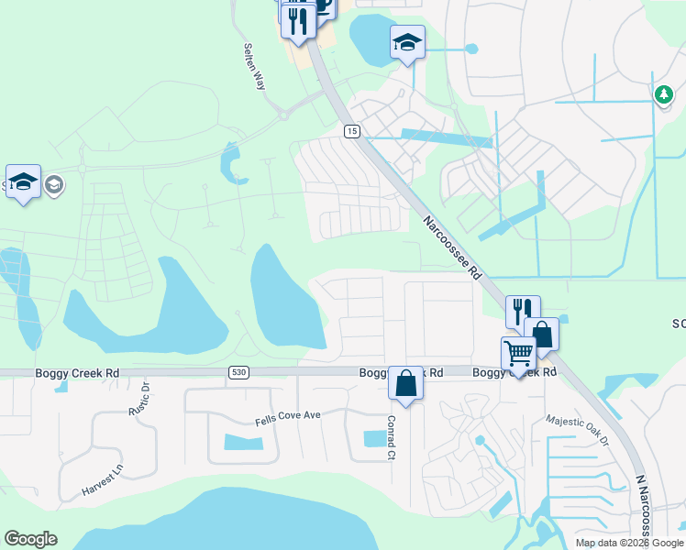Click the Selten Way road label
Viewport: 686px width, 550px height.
pyautogui.click(x=254, y=66)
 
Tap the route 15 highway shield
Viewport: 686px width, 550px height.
pyautogui.click(x=351, y=132)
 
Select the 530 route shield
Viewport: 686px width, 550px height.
pyautogui.click(x=238, y=370)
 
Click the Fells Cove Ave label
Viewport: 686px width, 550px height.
pyautogui.click(x=287, y=416)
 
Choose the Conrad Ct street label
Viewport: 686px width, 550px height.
pyautogui.click(x=391, y=437)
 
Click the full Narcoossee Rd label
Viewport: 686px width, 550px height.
pyautogui.click(x=452, y=247)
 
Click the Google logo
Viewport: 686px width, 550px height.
pyautogui.click(x=30, y=539)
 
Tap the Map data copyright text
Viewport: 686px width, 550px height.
pyautogui.click(x=629, y=543)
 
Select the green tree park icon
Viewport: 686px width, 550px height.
pyautogui.click(x=662, y=93)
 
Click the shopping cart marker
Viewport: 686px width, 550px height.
pyautogui.click(x=518, y=353)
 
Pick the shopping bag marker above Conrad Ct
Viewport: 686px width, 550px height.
pyautogui.click(x=405, y=382)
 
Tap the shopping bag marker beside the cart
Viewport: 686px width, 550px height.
pyautogui.click(x=541, y=335)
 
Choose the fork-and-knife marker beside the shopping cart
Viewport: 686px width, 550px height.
pyautogui.click(x=522, y=311)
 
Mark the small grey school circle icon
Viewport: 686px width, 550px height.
pyautogui.click(x=53, y=185)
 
